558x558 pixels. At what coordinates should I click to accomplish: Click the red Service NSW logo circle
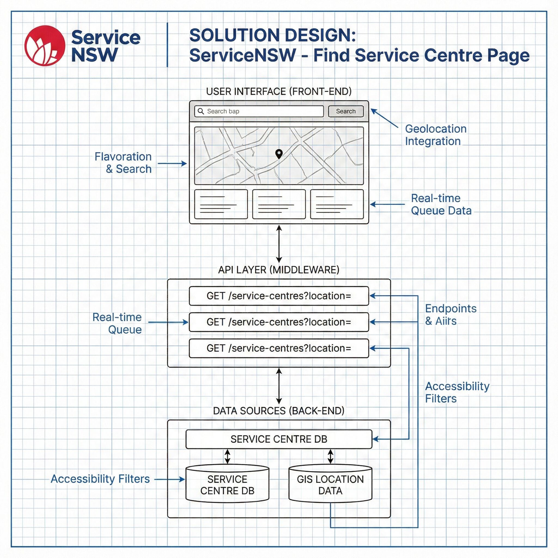(45, 46)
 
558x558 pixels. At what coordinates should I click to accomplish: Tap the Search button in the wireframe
(346, 111)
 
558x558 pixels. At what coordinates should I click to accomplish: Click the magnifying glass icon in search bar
(201, 111)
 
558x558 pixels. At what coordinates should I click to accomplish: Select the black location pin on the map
(279, 154)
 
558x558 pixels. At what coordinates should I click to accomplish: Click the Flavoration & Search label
(123, 163)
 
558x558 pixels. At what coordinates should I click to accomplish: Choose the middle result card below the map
(279, 204)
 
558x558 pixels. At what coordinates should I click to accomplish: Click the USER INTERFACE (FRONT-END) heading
(279, 92)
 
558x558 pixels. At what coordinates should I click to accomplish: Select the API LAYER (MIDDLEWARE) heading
(279, 270)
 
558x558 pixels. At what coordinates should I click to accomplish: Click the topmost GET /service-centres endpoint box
(279, 296)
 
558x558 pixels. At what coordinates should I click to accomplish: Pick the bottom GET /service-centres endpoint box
(279, 348)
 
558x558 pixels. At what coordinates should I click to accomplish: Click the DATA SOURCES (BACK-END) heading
(279, 411)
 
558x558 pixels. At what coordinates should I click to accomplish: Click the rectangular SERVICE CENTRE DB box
(279, 439)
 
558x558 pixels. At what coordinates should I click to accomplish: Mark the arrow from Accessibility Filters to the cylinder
(170, 480)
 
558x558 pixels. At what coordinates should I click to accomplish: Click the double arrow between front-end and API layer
(279, 244)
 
